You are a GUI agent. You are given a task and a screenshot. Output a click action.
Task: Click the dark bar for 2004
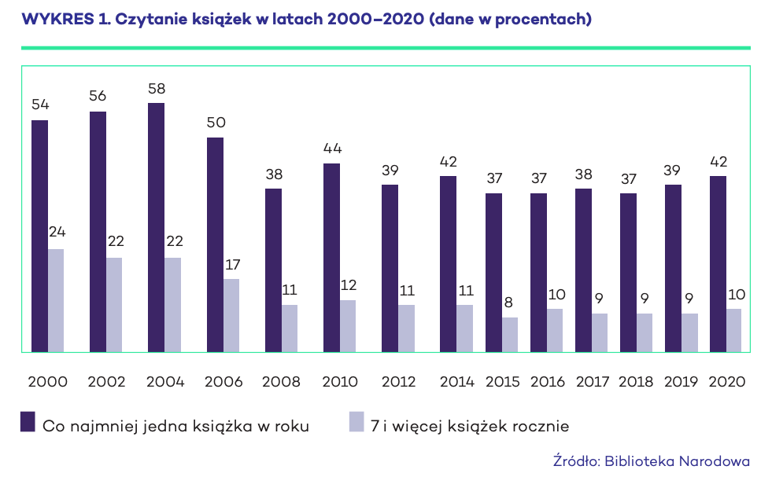156,228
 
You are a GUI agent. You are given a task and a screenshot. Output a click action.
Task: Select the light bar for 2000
56,300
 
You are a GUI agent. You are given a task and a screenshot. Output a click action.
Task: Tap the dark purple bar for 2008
273,270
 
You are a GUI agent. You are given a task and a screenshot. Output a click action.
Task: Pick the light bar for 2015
510,335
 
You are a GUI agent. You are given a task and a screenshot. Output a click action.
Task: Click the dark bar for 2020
718,264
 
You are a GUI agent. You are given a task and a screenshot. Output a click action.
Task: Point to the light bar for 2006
231,316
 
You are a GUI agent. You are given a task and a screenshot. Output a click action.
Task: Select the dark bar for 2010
332,258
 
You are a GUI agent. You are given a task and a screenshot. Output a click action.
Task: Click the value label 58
157,89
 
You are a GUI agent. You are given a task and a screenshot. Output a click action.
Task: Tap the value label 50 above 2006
216,123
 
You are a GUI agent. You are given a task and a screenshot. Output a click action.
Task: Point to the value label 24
57,232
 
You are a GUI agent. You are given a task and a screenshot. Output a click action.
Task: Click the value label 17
232,265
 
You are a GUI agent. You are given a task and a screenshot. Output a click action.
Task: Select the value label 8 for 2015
508,302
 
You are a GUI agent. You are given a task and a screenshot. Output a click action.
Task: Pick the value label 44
332,148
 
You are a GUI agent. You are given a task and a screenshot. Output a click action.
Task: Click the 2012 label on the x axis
399,382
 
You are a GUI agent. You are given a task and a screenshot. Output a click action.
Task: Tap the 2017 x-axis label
593,382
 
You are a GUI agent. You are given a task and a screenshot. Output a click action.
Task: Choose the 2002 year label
106,382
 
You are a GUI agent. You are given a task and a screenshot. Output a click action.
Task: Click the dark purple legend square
28,422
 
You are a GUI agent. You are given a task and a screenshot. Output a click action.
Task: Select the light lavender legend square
356,422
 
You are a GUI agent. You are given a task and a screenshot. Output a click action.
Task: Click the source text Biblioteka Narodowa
677,461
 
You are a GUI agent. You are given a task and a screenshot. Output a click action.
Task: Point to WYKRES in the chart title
58,19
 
